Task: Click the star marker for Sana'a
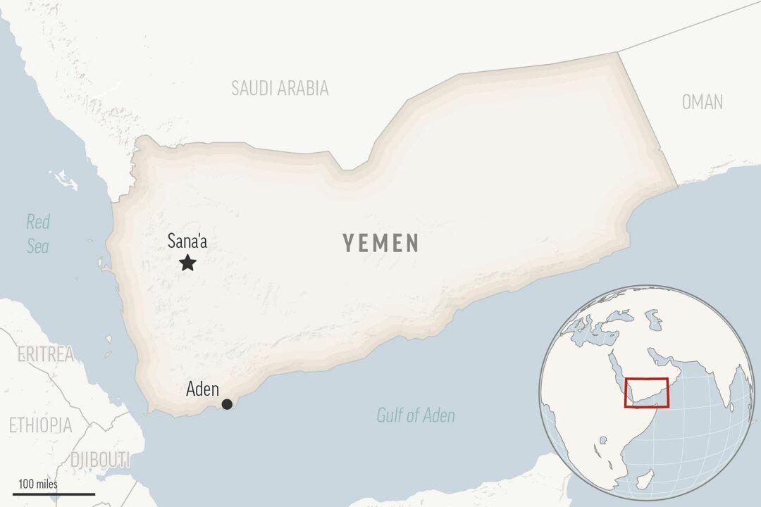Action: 187,263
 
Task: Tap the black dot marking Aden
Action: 227,403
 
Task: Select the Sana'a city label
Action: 187,242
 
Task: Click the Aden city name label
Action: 202,389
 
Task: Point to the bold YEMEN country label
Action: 380,244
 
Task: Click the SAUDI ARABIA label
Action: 280,88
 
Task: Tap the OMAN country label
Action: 702,102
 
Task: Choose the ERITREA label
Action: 45,354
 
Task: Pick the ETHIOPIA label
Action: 40,425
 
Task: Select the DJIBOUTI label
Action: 100,460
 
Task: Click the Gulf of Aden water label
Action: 415,415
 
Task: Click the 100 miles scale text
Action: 38,484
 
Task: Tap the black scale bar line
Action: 54,494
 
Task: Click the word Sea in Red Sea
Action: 38,246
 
